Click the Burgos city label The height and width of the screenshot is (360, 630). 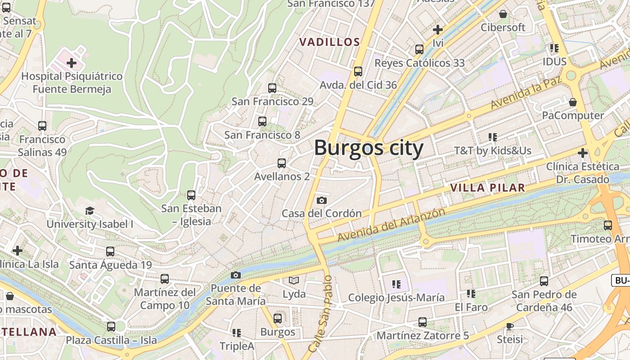coord(369,148)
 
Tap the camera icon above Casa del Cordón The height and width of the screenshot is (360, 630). coord(322,200)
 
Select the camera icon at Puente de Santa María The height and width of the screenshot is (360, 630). coord(235,275)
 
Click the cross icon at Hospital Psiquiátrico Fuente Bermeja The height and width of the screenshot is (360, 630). coord(71,63)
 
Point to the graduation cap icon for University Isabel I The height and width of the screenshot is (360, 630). coord(90,211)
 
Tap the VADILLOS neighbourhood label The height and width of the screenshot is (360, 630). coord(329,42)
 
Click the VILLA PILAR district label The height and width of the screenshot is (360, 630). coord(487,188)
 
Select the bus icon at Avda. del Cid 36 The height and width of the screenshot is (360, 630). coord(358,71)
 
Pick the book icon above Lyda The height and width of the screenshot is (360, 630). coord(294,281)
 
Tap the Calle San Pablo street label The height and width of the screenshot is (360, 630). coord(320,314)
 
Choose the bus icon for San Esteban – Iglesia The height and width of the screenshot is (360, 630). coord(191,195)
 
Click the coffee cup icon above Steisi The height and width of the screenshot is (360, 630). coord(509,326)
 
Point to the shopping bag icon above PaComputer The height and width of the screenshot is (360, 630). coord(573,102)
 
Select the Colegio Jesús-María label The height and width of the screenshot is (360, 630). coord(396,297)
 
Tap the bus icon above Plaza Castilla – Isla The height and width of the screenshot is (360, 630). coord(111,326)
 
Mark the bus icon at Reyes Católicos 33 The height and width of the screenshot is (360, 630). coord(419,49)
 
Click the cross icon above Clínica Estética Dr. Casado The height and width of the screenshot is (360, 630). coord(582,153)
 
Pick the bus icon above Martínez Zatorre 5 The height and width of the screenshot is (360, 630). coord(422,322)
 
